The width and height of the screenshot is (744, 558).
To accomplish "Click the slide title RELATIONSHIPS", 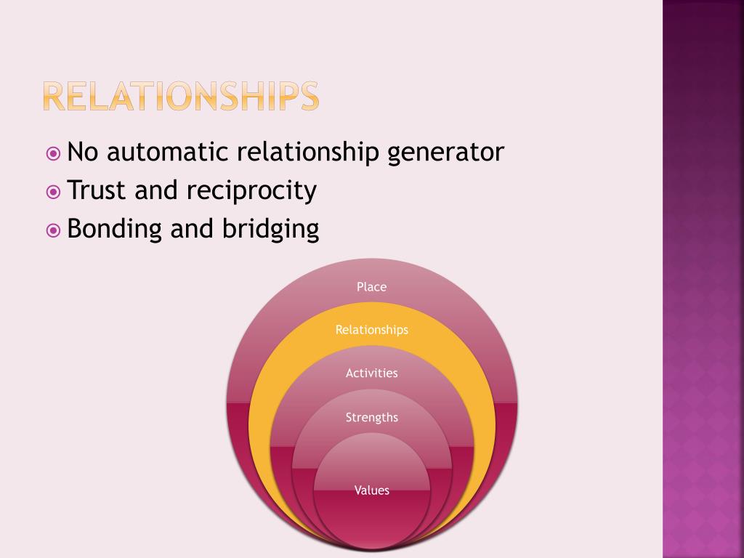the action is click(x=180, y=96).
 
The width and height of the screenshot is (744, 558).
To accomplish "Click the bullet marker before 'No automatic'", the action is click(x=54, y=154).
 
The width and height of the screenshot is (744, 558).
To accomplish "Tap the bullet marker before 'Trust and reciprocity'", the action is click(x=54, y=192).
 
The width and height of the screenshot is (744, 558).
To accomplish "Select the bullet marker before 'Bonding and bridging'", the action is click(x=54, y=230).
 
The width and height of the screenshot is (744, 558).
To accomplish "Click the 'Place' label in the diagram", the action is click(x=371, y=287).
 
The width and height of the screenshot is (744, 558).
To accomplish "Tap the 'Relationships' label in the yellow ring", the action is click(x=371, y=330).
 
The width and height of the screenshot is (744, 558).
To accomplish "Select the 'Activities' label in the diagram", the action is click(x=371, y=373).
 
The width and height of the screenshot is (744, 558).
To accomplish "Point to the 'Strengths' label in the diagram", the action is click(x=371, y=418).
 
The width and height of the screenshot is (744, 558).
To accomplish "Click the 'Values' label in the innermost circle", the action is click(x=371, y=490).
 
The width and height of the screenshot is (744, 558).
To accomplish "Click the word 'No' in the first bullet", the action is click(x=83, y=153).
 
